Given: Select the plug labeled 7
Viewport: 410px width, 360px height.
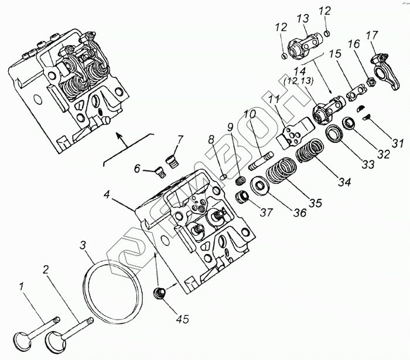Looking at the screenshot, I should click(171, 158).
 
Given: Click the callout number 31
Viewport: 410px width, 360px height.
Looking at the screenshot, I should click(398, 144).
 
